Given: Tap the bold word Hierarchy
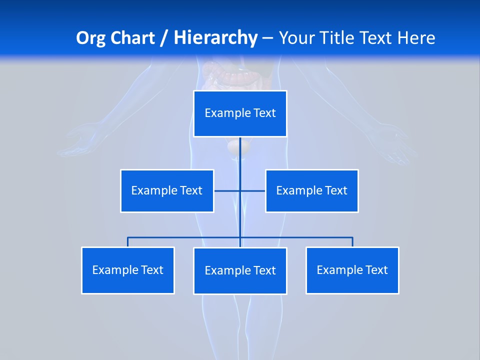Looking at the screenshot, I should (215, 38).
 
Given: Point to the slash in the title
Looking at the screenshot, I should (164, 38).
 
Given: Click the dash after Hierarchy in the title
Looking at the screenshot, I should (267, 38).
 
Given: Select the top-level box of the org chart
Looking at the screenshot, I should (240, 113).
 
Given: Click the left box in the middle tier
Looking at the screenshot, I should (167, 190).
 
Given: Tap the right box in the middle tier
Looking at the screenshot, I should (312, 190).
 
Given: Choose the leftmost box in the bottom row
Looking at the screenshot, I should (128, 270).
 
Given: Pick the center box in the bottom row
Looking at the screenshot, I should (240, 270).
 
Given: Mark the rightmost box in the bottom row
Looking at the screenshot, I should (352, 270).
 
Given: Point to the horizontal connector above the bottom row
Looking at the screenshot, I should (185, 237).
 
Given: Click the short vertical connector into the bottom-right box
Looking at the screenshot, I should (352, 242).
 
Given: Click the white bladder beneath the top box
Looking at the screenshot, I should (234, 146).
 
